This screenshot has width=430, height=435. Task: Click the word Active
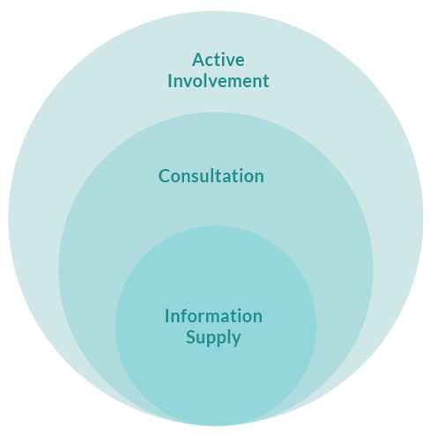pyautogui.click(x=219, y=60)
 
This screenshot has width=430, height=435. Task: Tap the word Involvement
pyautogui.click(x=219, y=81)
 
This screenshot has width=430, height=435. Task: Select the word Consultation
pyautogui.click(x=211, y=176)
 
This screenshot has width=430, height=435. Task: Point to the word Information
pyautogui.click(x=213, y=316)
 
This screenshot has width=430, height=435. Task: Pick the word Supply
pyautogui.click(x=213, y=338)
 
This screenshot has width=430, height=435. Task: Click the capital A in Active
pyautogui.click(x=198, y=60)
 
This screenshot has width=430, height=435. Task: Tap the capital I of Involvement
pyautogui.click(x=169, y=81)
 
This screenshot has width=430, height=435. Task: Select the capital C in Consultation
pyautogui.click(x=164, y=176)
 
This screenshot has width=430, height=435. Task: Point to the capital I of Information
pyautogui.click(x=167, y=316)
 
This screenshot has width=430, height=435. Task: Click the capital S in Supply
pyautogui.click(x=190, y=337)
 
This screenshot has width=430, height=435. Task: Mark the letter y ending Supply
pyautogui.click(x=236, y=340)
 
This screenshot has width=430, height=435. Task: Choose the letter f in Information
pyautogui.click(x=185, y=316)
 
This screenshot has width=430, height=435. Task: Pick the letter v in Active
pyautogui.click(x=227, y=62)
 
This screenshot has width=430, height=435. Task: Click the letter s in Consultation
pyautogui.click(x=196, y=179)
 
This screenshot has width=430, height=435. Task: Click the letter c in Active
pyautogui.click(x=209, y=62)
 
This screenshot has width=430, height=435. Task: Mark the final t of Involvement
pyautogui.click(x=265, y=82)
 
